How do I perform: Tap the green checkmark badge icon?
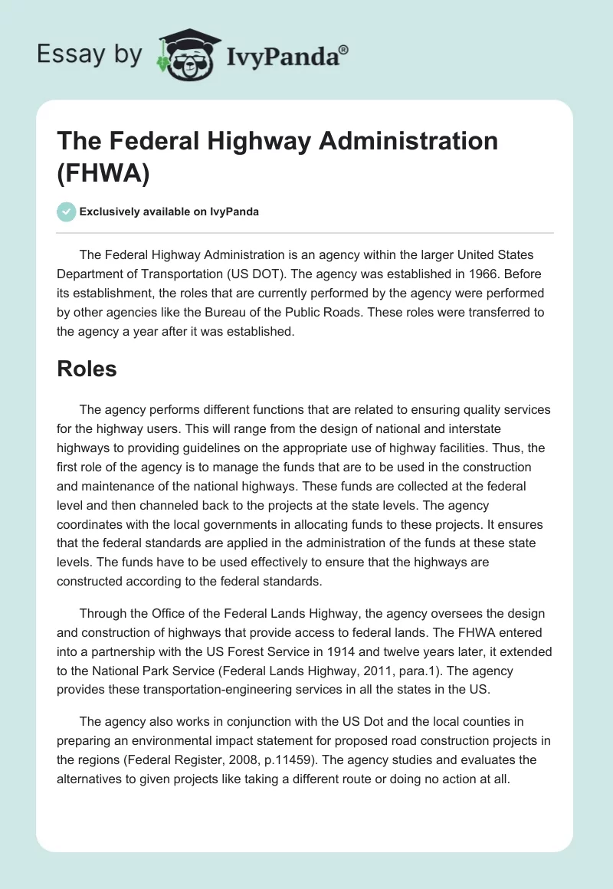66,212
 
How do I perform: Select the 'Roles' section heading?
87,369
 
